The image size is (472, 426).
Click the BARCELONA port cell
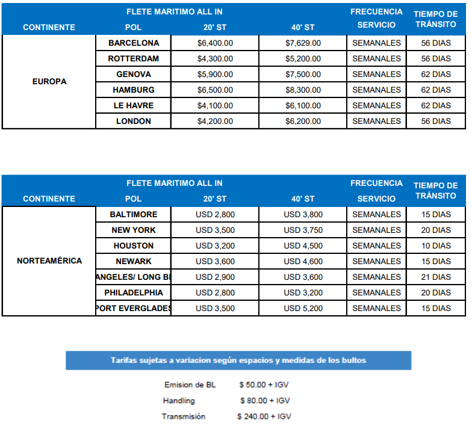(x=134, y=43)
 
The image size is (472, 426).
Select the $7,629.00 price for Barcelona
(x=303, y=43)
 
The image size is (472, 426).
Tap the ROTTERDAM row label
(x=134, y=59)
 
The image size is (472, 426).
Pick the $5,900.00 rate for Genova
(x=215, y=75)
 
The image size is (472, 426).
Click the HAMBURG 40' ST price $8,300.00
(x=303, y=90)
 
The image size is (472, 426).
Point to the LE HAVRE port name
(x=134, y=106)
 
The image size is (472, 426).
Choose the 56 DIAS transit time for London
(x=436, y=122)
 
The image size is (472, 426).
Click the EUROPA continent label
(x=49, y=82)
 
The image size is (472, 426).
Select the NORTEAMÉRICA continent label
(x=49, y=261)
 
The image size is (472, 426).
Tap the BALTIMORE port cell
(x=134, y=215)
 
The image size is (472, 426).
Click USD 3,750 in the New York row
(x=303, y=230)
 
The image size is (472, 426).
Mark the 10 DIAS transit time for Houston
(x=436, y=246)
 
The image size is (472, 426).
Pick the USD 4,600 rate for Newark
(x=303, y=262)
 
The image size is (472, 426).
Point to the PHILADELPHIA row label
(x=134, y=293)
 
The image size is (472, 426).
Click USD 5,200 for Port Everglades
(x=303, y=309)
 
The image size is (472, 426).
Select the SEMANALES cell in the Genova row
(x=376, y=75)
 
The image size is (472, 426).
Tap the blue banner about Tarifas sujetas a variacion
(x=238, y=360)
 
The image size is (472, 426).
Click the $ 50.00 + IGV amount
(x=264, y=385)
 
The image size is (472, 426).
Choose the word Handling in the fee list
(x=179, y=401)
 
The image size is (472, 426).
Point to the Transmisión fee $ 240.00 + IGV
(x=264, y=416)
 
